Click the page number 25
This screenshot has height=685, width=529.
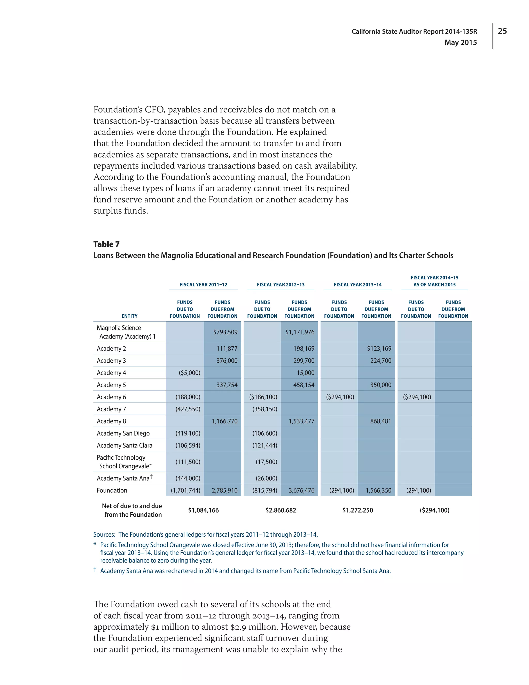502,31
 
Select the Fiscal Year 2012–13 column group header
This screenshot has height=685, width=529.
281,285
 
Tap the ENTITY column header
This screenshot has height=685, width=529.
129,316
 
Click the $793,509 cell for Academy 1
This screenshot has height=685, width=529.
225,332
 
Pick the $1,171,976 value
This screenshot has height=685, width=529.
300,332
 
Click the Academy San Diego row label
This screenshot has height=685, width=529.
123,433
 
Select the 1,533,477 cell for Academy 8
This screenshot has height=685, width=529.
301,421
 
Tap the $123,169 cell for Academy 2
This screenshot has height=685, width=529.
379,348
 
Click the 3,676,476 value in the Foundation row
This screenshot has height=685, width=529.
301,490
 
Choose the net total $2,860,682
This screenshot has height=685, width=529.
281,510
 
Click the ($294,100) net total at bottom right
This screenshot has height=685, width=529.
434,510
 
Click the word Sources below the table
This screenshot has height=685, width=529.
104,535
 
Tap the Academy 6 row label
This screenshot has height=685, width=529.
111,397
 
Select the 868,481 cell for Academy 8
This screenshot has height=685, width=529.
380,421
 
